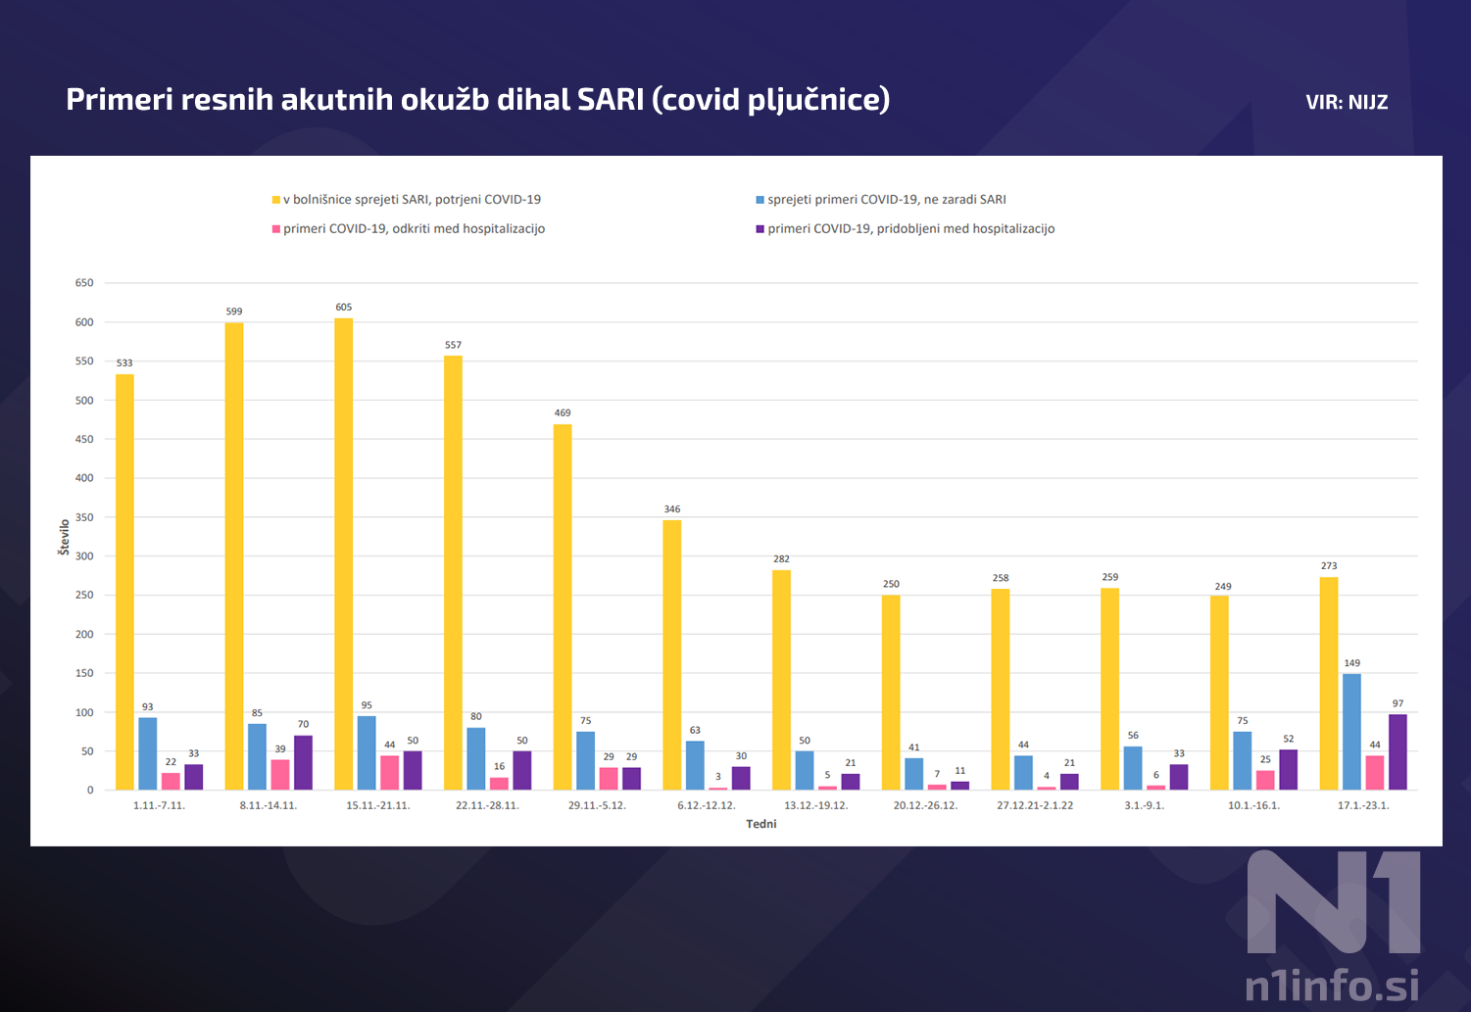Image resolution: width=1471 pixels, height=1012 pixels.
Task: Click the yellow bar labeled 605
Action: [x=343, y=554]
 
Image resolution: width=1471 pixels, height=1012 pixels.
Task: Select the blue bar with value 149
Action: [x=1351, y=732]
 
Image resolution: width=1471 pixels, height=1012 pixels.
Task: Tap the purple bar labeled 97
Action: [x=1397, y=751]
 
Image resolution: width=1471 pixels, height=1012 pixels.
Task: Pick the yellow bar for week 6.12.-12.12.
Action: [x=671, y=654]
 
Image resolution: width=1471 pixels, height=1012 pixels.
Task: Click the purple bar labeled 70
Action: [x=303, y=762]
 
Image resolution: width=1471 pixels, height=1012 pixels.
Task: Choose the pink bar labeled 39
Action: [x=280, y=774]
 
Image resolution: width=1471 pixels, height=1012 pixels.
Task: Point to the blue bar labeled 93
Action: [x=148, y=753]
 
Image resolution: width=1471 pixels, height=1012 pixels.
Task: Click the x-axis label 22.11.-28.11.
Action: [x=487, y=805]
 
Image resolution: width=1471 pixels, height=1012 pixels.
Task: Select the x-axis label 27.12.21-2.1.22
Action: [x=1035, y=805]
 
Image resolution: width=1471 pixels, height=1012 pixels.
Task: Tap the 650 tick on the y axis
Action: [x=84, y=283]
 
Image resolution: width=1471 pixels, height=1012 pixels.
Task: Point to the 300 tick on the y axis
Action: [x=84, y=556]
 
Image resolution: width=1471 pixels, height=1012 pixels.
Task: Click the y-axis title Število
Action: [x=65, y=538]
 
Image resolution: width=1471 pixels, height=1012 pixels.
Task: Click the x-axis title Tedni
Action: [x=760, y=824]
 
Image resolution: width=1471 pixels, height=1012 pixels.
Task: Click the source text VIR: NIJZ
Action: [x=1347, y=102]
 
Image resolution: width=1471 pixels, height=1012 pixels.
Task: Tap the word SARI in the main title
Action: [x=610, y=99]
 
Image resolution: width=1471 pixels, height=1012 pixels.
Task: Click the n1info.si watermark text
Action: [x=1331, y=986]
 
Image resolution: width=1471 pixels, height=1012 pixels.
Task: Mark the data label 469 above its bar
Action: [x=563, y=413]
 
